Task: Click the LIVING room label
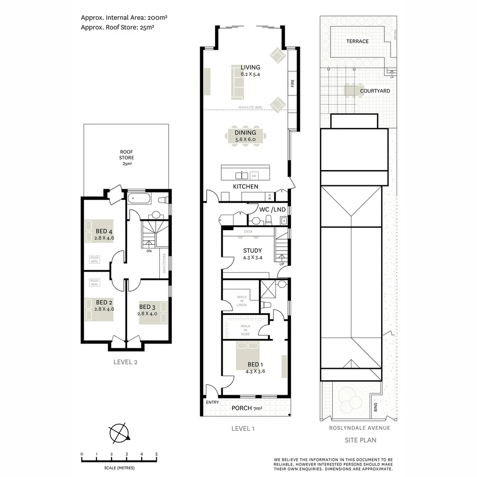(250, 68)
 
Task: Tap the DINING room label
(245, 132)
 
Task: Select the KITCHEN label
(245, 186)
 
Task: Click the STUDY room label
(252, 250)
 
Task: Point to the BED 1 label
(255, 364)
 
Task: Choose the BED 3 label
(148, 307)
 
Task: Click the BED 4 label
(104, 231)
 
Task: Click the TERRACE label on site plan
(357, 41)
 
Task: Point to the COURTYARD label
(375, 91)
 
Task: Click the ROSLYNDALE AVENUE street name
(360, 428)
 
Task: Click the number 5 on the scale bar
(156, 454)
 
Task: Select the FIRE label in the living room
(292, 83)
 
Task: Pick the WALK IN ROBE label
(245, 330)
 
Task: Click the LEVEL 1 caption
(243, 428)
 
